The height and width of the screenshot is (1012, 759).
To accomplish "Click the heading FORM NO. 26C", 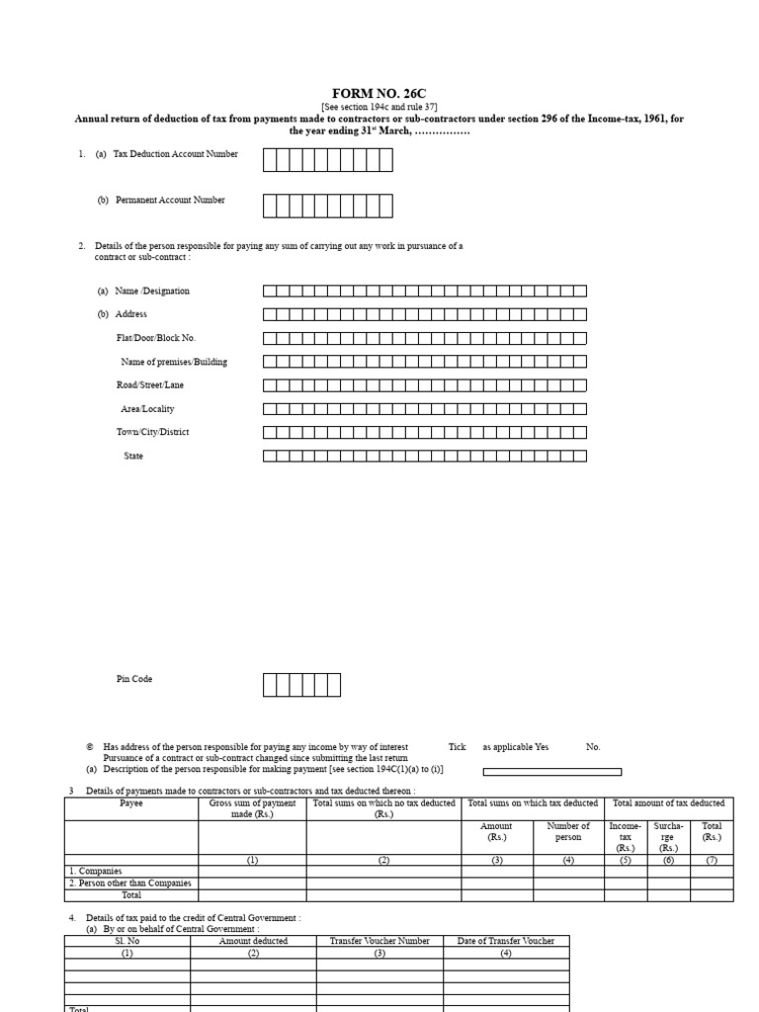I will (379, 93).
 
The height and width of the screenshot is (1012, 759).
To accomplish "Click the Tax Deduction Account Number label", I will (175, 154).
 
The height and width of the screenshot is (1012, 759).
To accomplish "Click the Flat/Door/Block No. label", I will (155, 338).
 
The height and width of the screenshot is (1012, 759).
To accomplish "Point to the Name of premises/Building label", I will (173, 362).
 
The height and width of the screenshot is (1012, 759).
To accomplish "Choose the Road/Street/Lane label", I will (149, 385).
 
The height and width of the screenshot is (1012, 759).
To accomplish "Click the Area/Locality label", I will (147, 409).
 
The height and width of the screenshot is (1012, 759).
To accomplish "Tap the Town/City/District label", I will (152, 432).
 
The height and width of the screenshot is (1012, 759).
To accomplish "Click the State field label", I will (133, 457).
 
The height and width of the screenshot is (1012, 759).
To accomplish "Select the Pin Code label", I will (134, 680).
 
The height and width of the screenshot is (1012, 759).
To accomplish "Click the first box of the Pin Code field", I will (270, 685).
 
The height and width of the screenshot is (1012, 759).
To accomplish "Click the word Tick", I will (457, 747).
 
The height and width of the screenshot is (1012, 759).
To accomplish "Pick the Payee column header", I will (131, 803).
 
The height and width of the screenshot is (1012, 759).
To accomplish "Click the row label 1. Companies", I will (95, 871).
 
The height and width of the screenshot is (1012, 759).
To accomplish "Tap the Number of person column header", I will (568, 831).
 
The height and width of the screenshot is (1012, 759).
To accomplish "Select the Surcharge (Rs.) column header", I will (668, 836).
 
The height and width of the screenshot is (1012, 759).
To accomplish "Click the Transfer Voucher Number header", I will (379, 941).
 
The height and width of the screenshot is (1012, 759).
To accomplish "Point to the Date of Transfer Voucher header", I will (506, 941).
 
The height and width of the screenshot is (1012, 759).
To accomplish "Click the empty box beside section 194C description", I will (551, 772).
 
